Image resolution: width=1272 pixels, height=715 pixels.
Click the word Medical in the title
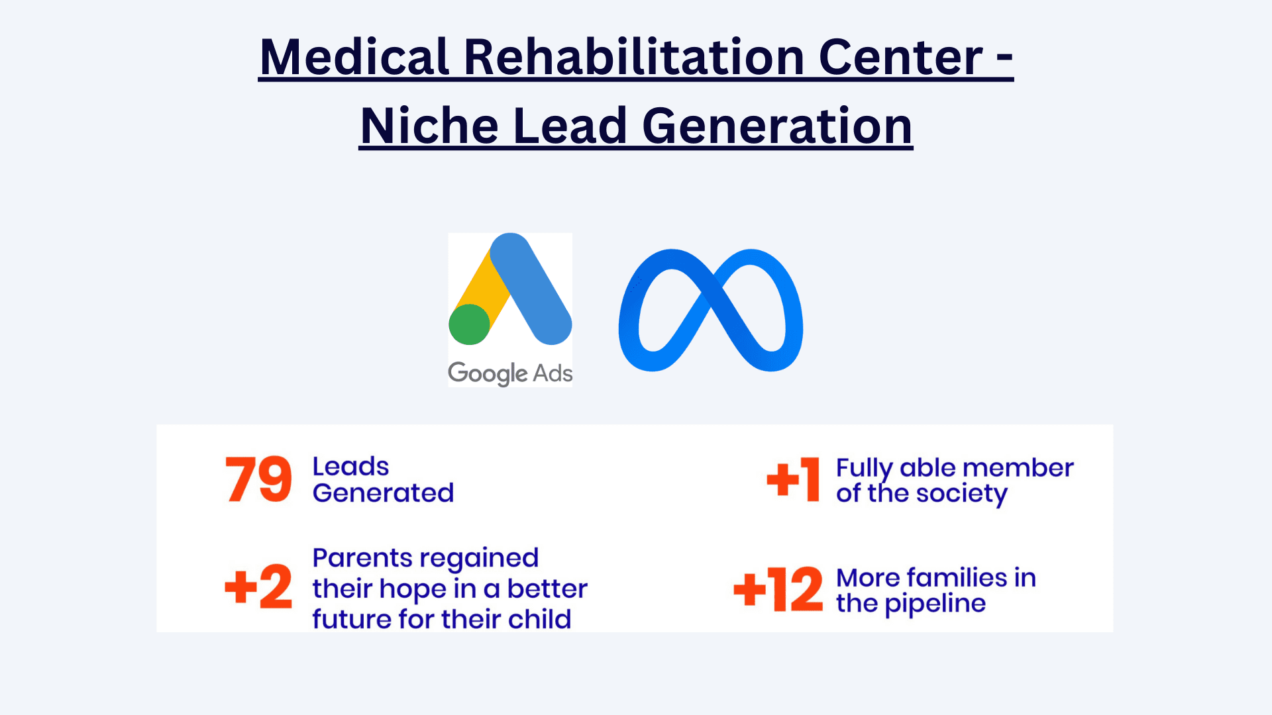click(354, 57)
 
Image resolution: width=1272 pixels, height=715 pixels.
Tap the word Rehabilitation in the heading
click(634, 57)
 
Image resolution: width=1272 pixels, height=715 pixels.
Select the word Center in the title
click(901, 58)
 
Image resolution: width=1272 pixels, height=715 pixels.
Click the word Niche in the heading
click(429, 126)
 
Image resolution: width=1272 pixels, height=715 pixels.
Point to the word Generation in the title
click(778, 126)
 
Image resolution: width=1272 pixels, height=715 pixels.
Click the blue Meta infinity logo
click(711, 310)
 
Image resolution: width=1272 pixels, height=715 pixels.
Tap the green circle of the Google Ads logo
click(469, 324)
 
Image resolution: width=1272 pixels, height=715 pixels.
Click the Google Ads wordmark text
click(510, 373)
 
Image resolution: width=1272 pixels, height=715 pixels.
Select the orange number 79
click(258, 479)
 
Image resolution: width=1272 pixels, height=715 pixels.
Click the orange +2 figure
click(258, 587)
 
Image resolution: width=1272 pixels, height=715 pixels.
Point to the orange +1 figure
click(793, 479)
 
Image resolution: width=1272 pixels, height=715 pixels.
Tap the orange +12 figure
click(778, 589)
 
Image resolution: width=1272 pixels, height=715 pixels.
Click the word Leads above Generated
click(350, 467)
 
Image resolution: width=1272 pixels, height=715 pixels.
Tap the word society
click(961, 494)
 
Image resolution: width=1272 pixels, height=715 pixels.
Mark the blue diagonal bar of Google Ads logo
click(531, 289)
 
